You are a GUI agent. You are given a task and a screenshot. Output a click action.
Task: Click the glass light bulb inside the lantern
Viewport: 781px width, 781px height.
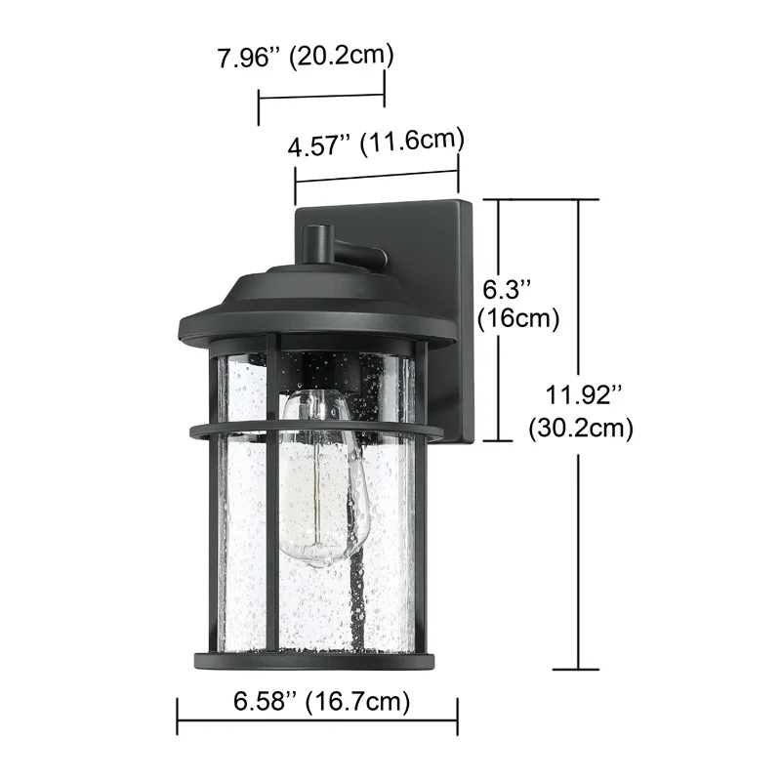tap(317, 478)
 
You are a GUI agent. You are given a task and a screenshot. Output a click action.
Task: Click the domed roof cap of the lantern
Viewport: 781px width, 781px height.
tap(317, 293)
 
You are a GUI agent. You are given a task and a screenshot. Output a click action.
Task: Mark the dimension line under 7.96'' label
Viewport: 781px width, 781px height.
tap(321, 96)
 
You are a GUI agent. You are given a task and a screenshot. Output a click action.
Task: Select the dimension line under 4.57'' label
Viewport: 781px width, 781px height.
tap(377, 177)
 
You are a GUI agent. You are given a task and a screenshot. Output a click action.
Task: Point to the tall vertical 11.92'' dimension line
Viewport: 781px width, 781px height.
tap(582, 547)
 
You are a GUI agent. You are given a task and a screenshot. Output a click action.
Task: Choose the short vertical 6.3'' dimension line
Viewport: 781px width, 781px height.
tap(499, 371)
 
